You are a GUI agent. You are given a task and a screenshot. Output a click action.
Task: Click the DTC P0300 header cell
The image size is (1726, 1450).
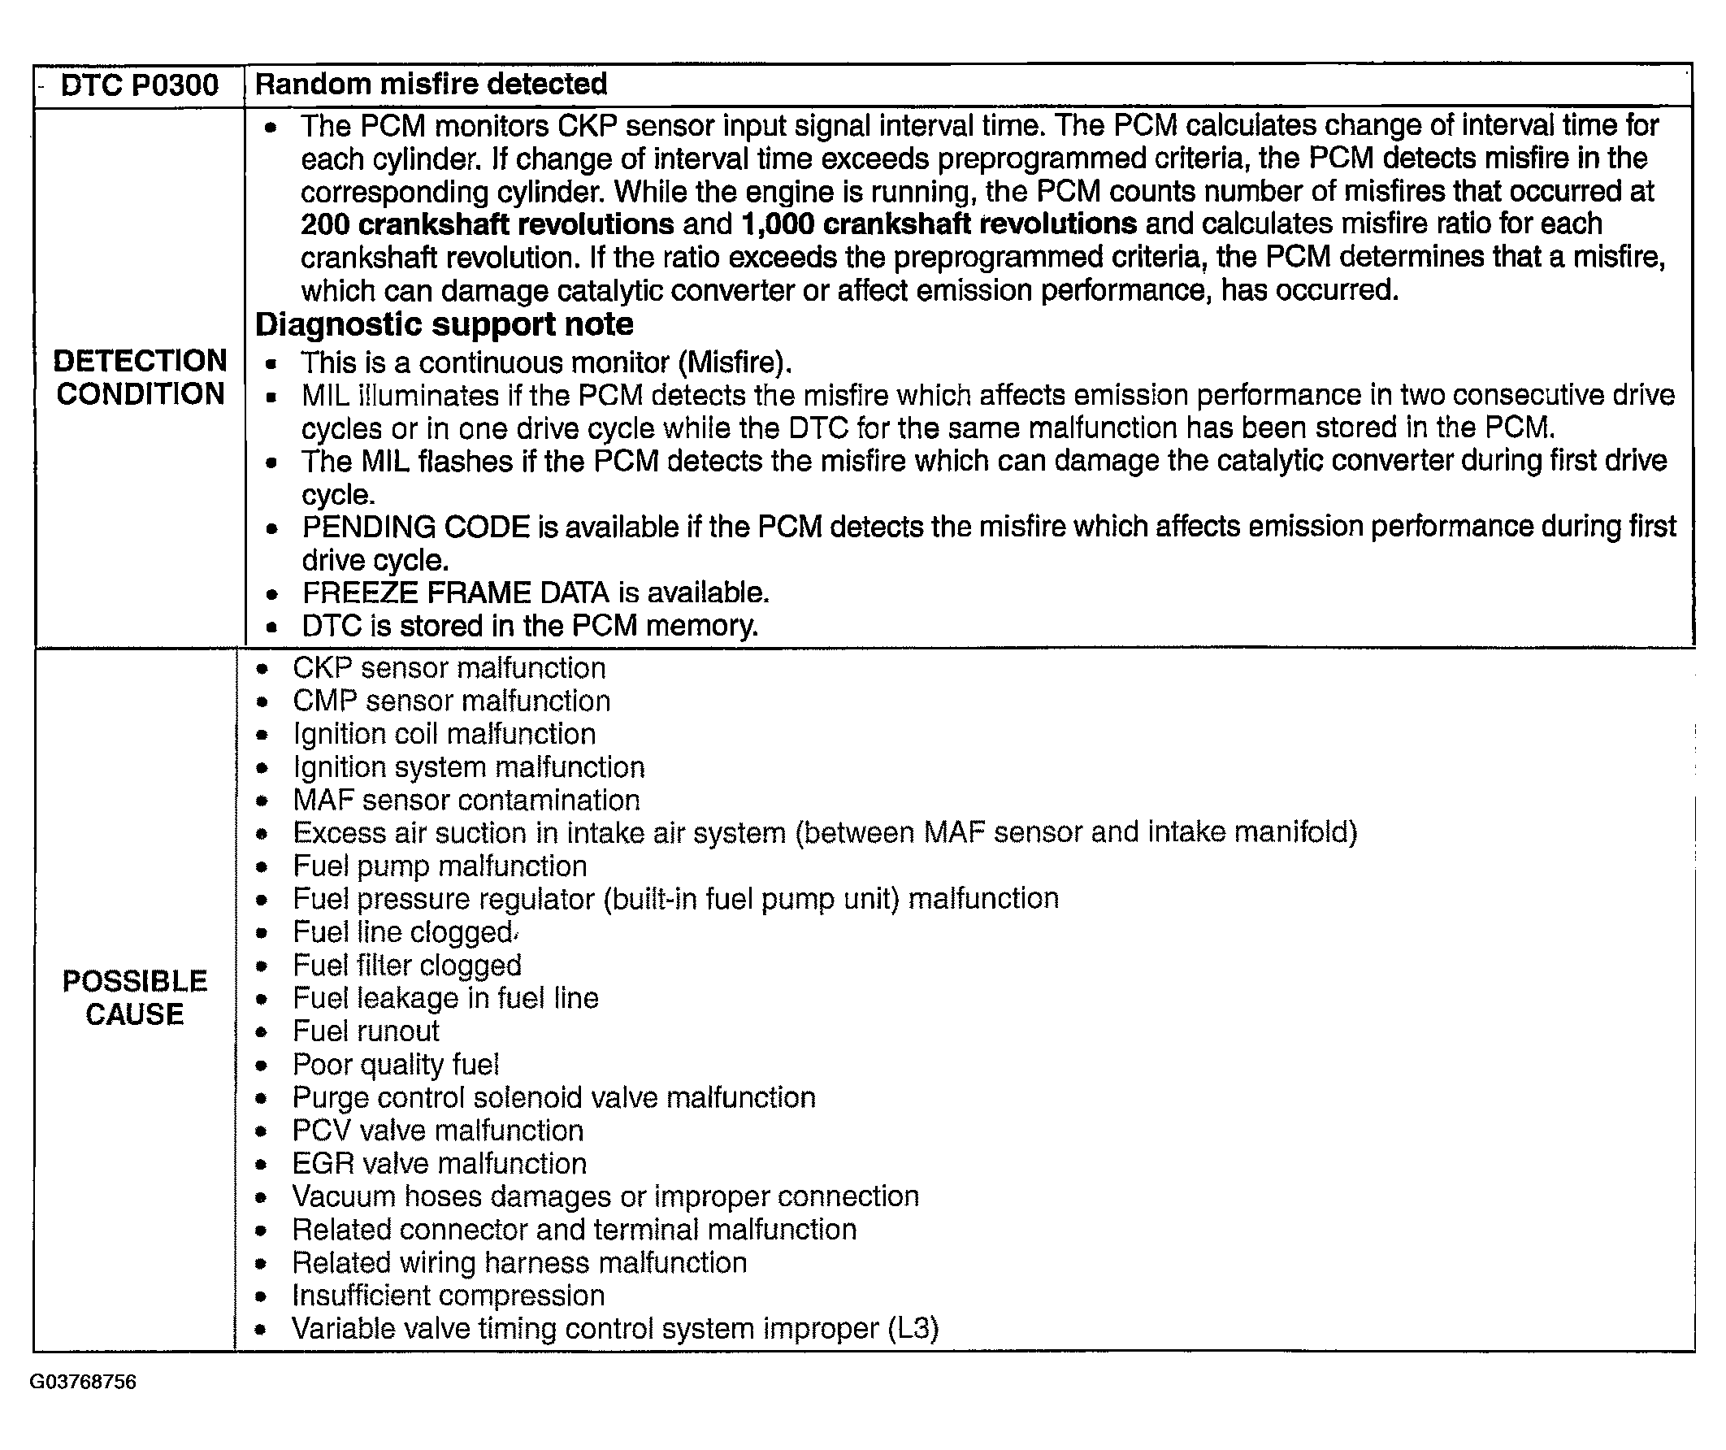(x=140, y=85)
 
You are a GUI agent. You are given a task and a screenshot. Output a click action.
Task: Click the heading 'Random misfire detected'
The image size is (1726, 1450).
(x=431, y=84)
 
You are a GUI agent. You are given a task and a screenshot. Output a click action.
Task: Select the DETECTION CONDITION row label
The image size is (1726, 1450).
(x=140, y=377)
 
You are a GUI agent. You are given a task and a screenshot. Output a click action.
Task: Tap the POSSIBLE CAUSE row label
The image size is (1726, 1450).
(x=135, y=997)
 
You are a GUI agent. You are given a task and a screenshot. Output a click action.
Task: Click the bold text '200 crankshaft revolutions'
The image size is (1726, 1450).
(x=488, y=224)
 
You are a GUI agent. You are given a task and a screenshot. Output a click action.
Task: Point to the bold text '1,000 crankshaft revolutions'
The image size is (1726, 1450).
(x=939, y=224)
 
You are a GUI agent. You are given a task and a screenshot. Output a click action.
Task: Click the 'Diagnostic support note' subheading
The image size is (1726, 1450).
(x=445, y=324)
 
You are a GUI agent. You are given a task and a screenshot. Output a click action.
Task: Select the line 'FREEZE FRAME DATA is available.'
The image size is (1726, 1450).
(x=536, y=593)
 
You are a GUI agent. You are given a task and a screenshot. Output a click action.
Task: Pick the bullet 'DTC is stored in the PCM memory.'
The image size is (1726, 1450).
(x=530, y=626)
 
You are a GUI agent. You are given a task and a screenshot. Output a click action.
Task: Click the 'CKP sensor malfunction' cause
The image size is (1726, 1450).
(x=449, y=668)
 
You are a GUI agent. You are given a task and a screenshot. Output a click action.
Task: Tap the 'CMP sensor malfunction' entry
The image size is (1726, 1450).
(x=452, y=701)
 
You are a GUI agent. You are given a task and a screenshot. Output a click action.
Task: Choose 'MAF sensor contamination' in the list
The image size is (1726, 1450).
(x=466, y=800)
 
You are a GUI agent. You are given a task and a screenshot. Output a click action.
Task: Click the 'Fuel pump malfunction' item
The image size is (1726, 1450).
(x=440, y=866)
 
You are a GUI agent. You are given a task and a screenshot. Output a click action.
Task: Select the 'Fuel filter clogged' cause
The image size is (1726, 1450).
(x=408, y=965)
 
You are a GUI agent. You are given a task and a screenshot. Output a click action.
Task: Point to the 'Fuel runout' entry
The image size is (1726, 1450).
(x=366, y=1031)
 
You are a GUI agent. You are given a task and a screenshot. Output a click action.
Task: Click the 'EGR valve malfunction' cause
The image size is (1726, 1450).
(x=440, y=1164)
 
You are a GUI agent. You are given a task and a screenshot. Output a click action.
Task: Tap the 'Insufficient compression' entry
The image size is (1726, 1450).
(x=449, y=1296)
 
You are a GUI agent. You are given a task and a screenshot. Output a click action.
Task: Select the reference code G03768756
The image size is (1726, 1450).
(x=83, y=1382)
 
